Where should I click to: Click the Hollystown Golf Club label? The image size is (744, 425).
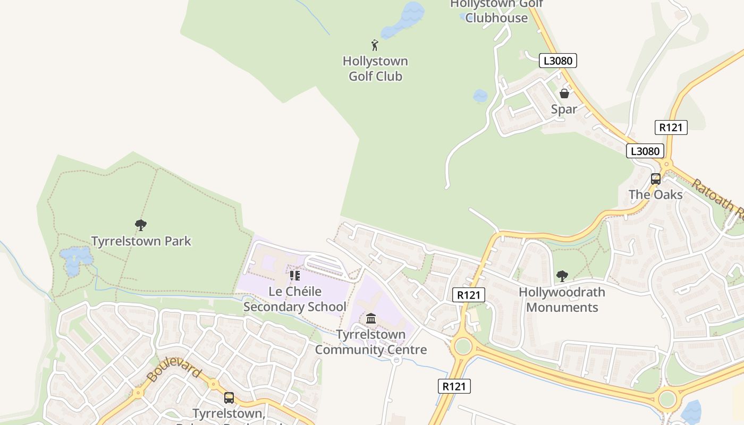375,69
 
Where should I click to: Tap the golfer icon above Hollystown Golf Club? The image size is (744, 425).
375,45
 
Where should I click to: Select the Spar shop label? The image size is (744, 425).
564,109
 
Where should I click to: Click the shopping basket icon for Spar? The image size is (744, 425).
564,93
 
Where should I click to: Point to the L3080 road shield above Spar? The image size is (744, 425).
558,61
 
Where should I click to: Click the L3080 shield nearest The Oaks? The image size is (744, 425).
645,151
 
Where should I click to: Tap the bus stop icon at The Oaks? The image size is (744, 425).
656,178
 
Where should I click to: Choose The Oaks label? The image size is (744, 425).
656,194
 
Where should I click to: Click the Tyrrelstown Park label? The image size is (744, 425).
141,241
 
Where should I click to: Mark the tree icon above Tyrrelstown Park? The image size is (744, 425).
141,225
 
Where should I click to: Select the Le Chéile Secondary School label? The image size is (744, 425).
295,299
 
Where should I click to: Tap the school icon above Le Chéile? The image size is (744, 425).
295,276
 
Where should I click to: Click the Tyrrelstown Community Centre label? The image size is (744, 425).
371,342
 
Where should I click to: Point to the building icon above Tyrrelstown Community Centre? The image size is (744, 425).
371,319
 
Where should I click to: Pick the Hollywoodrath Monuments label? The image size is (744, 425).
562,300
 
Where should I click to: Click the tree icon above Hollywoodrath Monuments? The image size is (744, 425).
562,276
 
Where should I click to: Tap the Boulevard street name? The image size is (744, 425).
173,367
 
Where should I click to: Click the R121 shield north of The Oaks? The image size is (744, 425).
671,127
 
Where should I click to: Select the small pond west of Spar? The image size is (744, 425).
480,96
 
